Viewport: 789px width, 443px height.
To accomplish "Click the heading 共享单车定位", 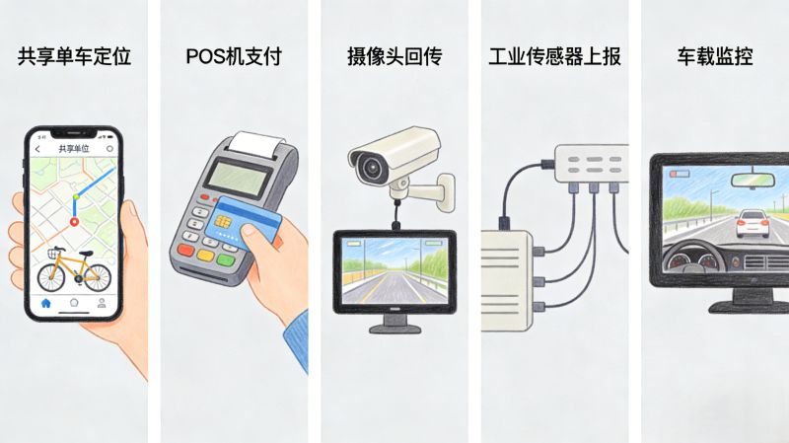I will click(x=74, y=56).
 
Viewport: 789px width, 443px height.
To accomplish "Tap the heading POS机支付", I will click(x=233, y=56).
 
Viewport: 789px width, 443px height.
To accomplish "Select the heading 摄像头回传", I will click(x=394, y=56).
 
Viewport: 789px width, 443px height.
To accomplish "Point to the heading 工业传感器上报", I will click(x=554, y=56).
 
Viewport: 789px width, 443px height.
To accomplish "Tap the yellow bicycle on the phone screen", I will click(x=73, y=265).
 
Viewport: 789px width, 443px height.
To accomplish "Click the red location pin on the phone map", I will click(x=73, y=222).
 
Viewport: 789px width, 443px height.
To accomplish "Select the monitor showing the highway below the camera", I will click(x=394, y=270).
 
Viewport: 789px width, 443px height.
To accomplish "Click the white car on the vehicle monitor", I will click(x=752, y=223).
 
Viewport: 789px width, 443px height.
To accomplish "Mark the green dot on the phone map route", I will click(x=74, y=197).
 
